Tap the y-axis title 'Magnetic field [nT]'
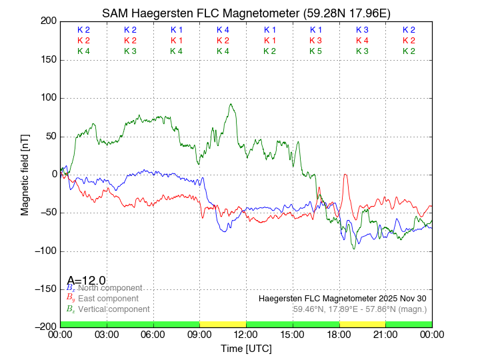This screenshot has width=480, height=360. click(x=25, y=173)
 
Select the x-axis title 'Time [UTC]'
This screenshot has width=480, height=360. click(x=246, y=349)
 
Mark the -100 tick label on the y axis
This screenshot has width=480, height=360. click(x=45, y=251)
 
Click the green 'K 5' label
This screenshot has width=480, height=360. click(x=315, y=51)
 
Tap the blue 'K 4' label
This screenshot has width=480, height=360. click(x=223, y=30)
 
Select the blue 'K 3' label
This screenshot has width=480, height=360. click(x=362, y=30)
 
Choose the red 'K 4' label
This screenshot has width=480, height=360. click(x=362, y=41)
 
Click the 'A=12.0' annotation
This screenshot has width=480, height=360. click(x=86, y=281)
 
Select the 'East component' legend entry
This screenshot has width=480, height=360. click(x=108, y=299)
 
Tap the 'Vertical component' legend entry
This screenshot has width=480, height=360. click(x=113, y=309)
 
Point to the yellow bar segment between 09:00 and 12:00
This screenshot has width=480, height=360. click(x=223, y=324)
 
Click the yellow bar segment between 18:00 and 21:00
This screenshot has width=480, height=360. click(x=362, y=324)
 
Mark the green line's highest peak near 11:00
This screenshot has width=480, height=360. click(x=230, y=104)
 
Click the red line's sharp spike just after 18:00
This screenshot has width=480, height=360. click(x=345, y=175)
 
